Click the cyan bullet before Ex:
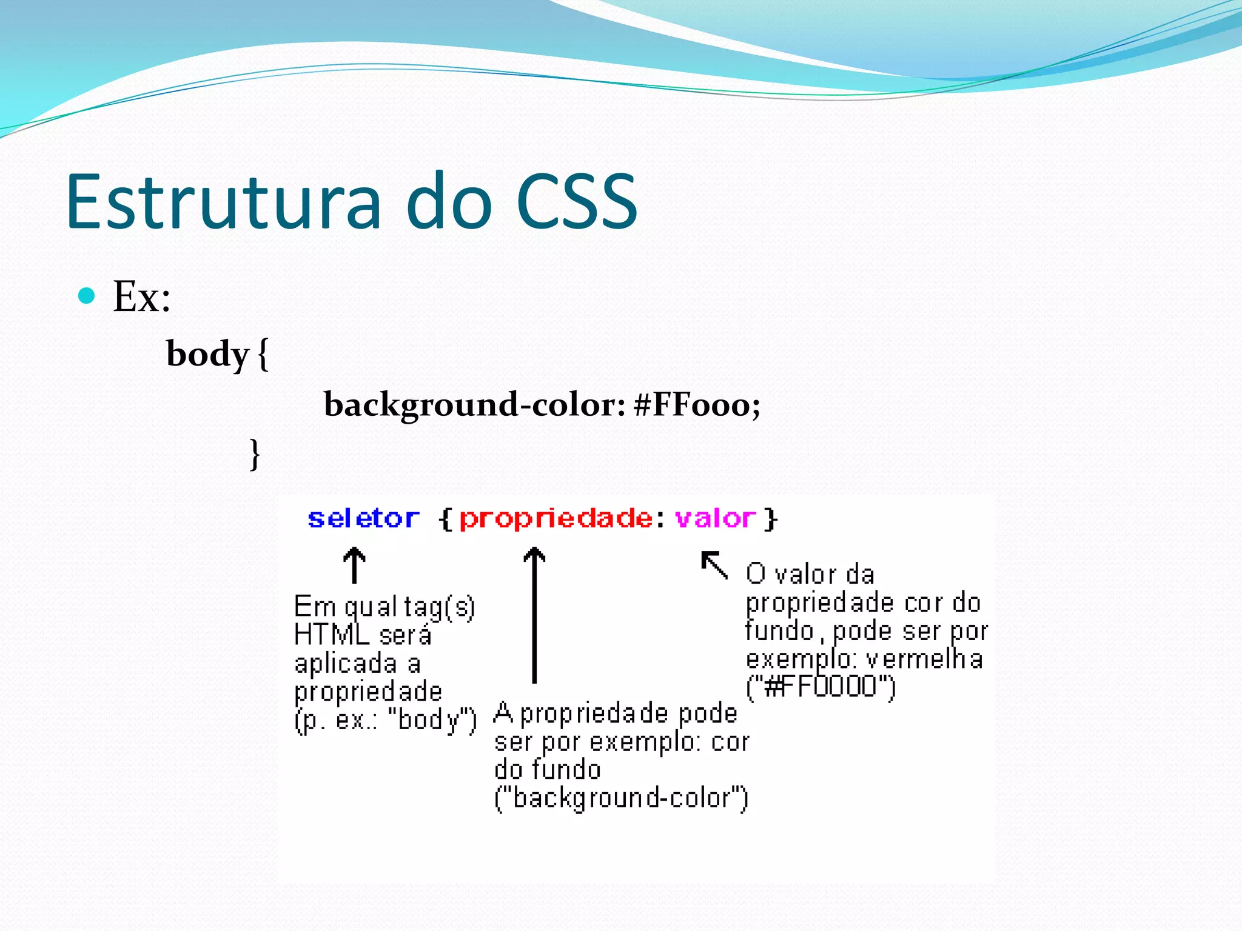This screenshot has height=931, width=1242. [87, 296]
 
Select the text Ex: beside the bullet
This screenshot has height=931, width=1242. [142, 297]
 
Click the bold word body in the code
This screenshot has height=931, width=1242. [207, 354]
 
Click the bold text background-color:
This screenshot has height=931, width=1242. [474, 405]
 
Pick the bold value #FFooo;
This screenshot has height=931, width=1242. [696, 405]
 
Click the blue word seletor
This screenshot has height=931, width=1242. [363, 519]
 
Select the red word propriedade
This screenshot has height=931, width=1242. [556, 519]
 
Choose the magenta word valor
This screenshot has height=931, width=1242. [716, 519]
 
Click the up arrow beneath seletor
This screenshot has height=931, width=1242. [354, 565]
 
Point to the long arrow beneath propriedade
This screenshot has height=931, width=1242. [534, 615]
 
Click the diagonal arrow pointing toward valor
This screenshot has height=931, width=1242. [714, 565]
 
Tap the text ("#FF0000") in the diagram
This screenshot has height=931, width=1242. [821, 687]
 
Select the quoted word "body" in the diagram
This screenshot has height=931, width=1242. [432, 720]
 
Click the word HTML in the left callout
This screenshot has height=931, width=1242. [332, 635]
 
